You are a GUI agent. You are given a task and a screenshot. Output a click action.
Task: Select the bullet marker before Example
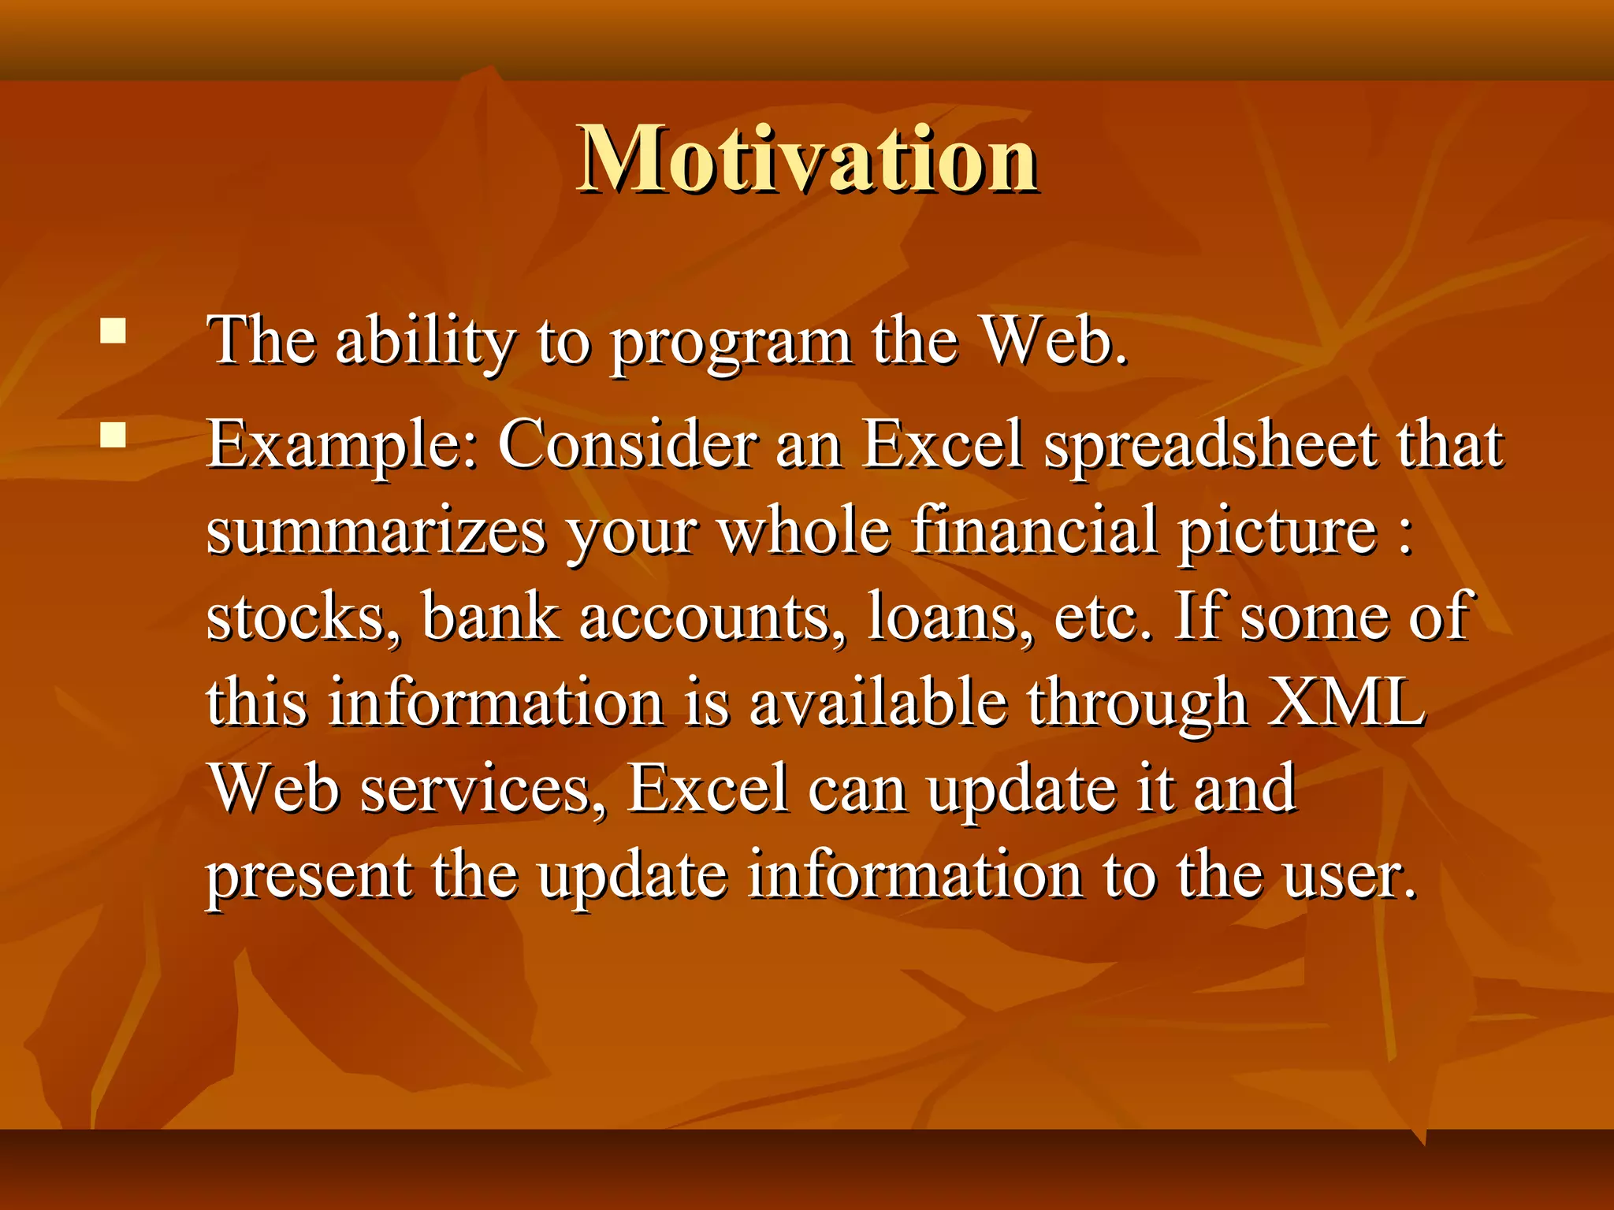pos(113,435)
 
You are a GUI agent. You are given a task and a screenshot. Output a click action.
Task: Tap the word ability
pos(425,343)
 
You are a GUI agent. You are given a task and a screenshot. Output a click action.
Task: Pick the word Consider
pos(627,444)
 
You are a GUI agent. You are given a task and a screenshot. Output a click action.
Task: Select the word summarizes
pos(376,531)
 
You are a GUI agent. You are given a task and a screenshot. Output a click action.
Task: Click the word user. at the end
pos(1349,877)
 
